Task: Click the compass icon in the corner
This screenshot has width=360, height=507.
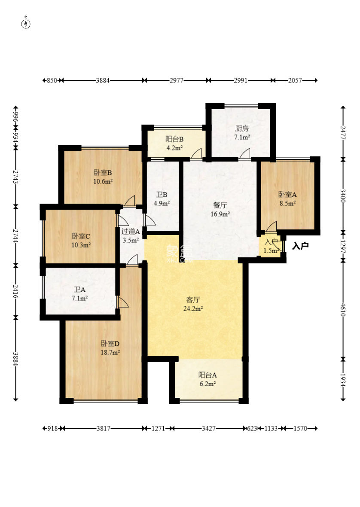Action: click(26, 24)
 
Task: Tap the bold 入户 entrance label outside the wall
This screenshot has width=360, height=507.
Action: click(300, 246)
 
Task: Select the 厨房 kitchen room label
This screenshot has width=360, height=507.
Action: click(242, 128)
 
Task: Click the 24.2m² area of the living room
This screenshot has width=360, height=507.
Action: click(193, 309)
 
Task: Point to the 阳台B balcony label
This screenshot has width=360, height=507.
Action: click(174, 139)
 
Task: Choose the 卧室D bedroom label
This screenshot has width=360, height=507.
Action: click(110, 343)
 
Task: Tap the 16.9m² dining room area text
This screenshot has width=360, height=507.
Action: click(220, 214)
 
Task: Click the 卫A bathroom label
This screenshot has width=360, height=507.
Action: click(79, 290)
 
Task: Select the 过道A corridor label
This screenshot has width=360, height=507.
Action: click(131, 232)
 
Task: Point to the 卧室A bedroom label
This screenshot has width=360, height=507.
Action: click(287, 195)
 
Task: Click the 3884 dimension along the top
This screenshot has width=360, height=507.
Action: click(103, 80)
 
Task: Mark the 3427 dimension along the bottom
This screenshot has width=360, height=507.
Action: click(209, 428)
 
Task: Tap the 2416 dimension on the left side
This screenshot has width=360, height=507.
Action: click(15, 291)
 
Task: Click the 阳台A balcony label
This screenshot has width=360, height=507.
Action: click(207, 375)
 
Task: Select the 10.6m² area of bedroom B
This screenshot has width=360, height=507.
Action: click(103, 182)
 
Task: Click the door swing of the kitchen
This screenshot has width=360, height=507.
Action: click(244, 153)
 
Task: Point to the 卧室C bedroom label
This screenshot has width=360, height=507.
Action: click(81, 236)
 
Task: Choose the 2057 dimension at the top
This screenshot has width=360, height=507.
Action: click(295, 80)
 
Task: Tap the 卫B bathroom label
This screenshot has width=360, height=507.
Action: click(162, 195)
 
